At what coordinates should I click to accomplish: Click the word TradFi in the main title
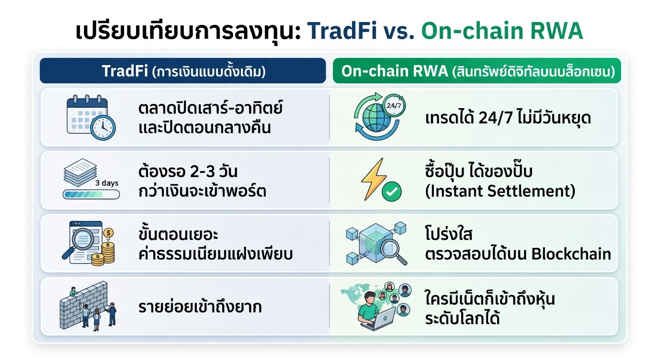click(x=342, y=31)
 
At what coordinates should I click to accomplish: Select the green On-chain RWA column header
click(x=477, y=70)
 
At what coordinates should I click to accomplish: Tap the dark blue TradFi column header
click(x=182, y=70)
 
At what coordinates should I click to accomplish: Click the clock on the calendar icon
click(x=103, y=128)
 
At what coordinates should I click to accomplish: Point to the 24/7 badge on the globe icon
click(x=394, y=106)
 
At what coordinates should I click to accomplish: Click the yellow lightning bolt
click(x=373, y=179)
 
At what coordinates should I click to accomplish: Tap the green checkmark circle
click(x=392, y=191)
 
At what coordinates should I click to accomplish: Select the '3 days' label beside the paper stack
click(x=107, y=183)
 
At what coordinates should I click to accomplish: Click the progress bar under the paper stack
click(x=91, y=194)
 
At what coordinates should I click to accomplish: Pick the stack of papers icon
click(x=80, y=172)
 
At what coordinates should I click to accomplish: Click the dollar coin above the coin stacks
click(x=109, y=233)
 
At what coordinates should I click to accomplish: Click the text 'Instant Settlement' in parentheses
click(x=500, y=191)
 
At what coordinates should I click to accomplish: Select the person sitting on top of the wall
click(x=74, y=292)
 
